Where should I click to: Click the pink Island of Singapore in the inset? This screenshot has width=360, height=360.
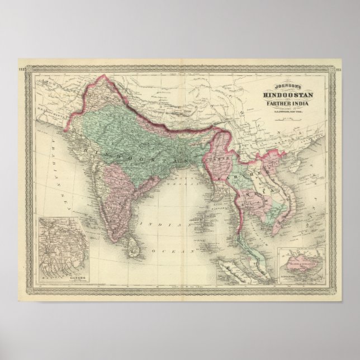click(302, 260)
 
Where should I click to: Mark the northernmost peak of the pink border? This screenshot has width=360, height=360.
click(101, 78)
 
